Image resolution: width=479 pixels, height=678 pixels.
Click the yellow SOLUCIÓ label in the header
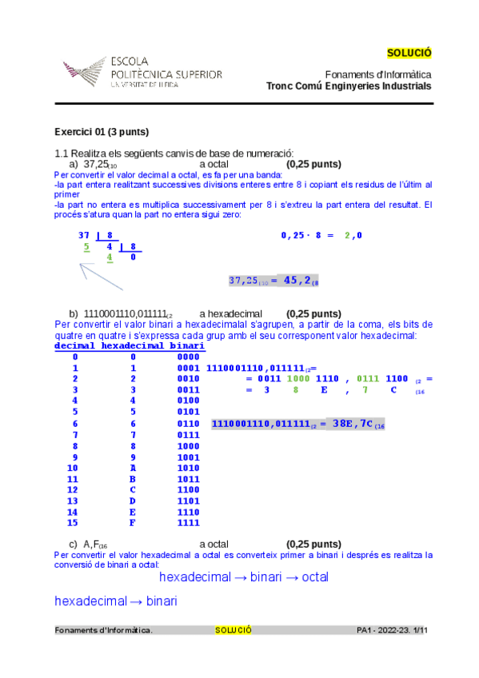(x=409, y=53)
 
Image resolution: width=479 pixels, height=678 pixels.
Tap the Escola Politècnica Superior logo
(x=142, y=72)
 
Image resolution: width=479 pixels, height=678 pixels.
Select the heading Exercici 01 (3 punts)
(x=102, y=132)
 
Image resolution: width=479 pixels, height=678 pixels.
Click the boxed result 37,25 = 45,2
(x=273, y=280)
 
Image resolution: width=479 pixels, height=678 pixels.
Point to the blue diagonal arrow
(x=100, y=276)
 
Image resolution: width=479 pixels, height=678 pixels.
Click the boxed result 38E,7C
(x=298, y=425)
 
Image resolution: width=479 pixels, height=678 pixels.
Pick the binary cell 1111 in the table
(x=188, y=523)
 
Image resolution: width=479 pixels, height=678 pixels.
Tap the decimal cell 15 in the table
(x=73, y=523)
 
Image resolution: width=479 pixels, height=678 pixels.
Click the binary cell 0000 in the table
(x=188, y=357)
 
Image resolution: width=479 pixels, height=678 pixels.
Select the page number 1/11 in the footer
(x=421, y=630)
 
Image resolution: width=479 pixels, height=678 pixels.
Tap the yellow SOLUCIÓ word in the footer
(x=234, y=630)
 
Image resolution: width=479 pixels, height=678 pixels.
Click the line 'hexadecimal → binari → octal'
(x=244, y=576)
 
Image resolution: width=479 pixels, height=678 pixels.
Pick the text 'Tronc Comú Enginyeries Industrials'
(x=349, y=86)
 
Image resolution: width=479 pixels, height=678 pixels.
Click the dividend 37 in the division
(x=83, y=235)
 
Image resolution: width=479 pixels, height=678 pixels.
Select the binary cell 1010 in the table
(x=188, y=468)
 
